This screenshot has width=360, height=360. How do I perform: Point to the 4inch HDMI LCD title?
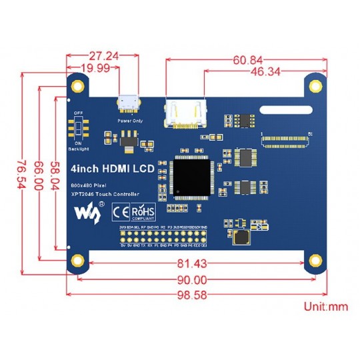pos(112,169)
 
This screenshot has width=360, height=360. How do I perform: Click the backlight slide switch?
pos(78,127)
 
